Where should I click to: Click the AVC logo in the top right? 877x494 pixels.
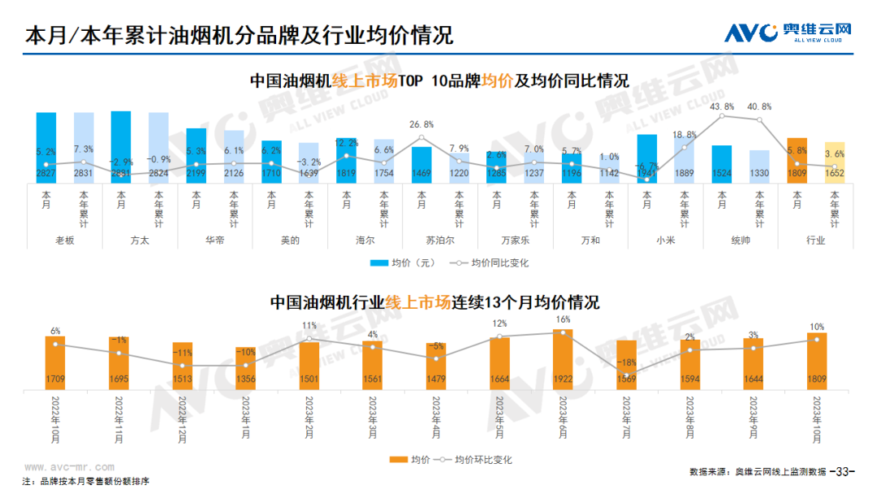tap(787, 32)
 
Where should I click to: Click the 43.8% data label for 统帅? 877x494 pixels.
tap(722, 106)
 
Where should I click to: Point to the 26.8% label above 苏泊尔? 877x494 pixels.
tap(421, 124)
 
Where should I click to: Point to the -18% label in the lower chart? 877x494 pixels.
tap(626, 362)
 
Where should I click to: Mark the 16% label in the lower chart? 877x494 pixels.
tap(563, 320)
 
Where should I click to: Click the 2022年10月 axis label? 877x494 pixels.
tap(56, 419)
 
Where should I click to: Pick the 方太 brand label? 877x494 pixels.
tap(140, 240)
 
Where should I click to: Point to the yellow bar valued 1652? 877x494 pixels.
tap(834, 162)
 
